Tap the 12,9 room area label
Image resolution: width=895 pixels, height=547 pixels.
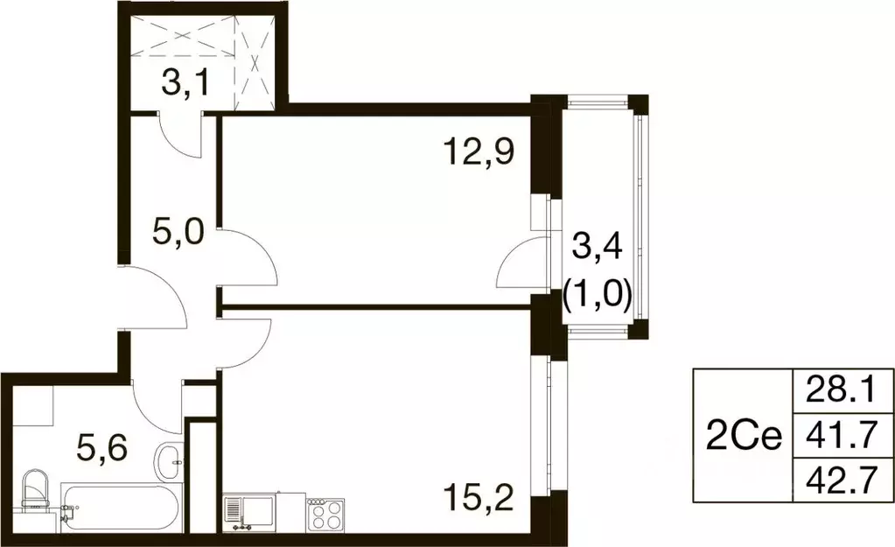pyautogui.click(x=478, y=155)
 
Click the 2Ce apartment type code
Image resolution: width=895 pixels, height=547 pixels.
pyautogui.click(x=743, y=436)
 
